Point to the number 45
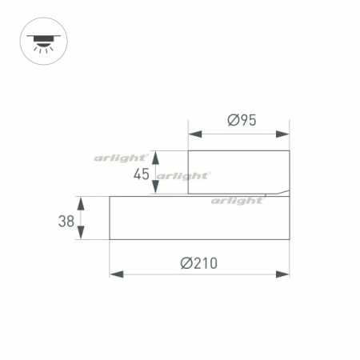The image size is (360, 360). point(142,174)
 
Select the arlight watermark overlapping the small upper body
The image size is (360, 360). point(184,175)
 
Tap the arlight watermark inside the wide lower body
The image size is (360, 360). point(238,201)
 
